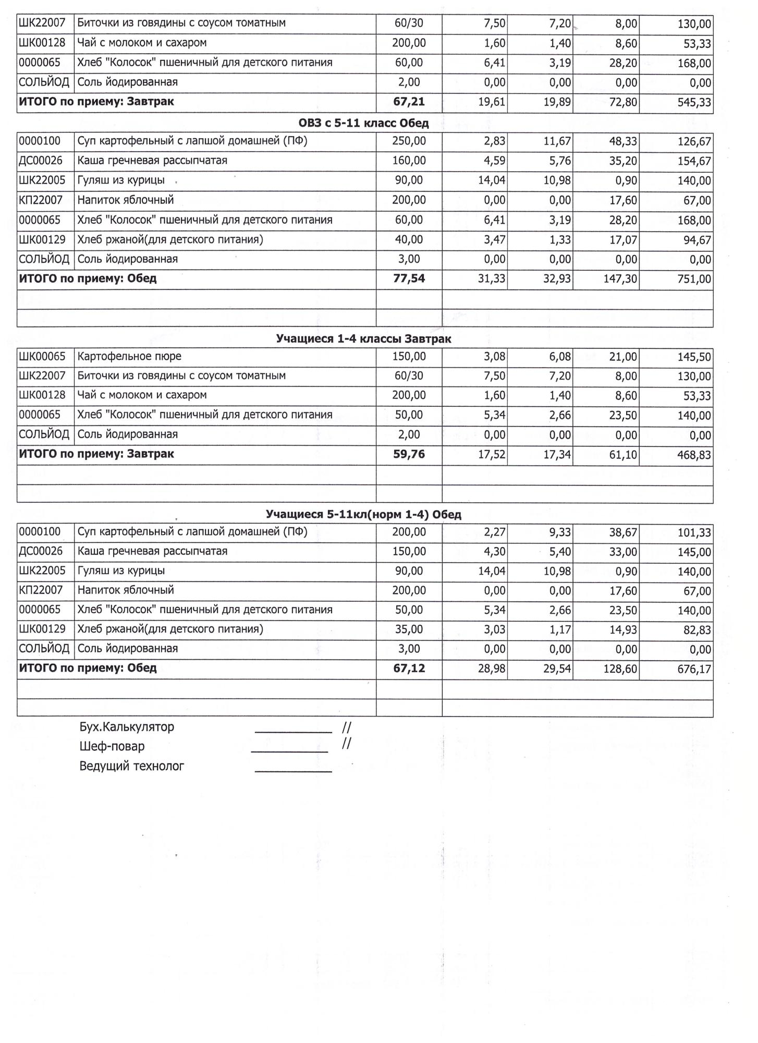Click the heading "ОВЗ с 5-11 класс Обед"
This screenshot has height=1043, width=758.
[x=363, y=124]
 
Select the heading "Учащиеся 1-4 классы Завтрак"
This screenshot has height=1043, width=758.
[x=363, y=339]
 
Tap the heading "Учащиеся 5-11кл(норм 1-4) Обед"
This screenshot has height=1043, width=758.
[x=363, y=515]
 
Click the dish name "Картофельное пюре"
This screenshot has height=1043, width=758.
[x=129, y=357]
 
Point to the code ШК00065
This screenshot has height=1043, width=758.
[x=42, y=357]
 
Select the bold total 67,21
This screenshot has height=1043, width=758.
[x=409, y=102]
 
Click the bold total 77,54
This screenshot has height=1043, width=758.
[x=409, y=278]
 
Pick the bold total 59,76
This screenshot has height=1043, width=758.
[x=409, y=454]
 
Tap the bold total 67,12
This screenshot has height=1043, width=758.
[x=409, y=668]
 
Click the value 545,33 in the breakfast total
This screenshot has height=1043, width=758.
[x=694, y=102]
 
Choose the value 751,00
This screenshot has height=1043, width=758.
[x=694, y=279]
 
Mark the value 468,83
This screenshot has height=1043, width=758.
[x=694, y=455]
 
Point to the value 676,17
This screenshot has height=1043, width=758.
[x=694, y=669]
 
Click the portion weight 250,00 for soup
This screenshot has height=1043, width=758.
[x=409, y=141]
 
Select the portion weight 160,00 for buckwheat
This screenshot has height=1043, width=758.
[x=409, y=161]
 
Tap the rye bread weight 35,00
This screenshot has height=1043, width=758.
[x=409, y=629]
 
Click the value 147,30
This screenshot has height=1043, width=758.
[x=620, y=279]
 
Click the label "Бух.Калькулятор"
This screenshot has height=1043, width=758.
[x=127, y=727]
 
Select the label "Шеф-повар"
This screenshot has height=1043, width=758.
[x=112, y=746]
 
